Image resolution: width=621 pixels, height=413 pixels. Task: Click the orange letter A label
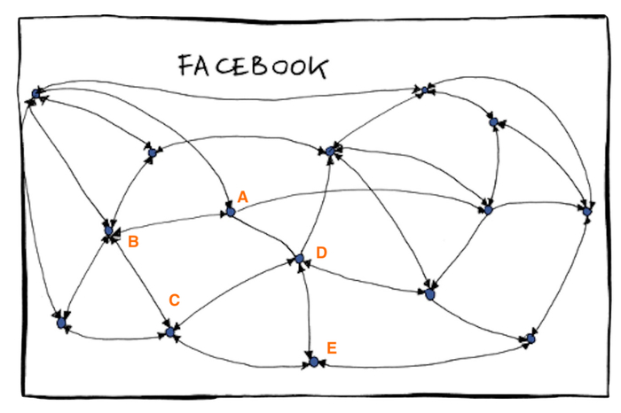pos(242,197)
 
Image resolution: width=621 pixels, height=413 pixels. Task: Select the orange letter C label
pos(175,300)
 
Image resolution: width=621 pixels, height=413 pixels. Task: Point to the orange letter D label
pos(321,253)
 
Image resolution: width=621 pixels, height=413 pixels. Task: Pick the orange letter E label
pos(331,348)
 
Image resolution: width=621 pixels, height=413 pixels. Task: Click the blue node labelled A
pos(229,213)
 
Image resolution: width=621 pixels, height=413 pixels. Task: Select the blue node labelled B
pos(109,231)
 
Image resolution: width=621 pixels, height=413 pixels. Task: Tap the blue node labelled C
pos(169,333)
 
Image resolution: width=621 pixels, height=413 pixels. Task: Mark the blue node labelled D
pos(300,260)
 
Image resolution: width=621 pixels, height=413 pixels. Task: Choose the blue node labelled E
pos(312,362)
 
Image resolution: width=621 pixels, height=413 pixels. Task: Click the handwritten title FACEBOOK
pos(252,66)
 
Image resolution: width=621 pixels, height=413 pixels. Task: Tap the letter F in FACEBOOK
pos(185,66)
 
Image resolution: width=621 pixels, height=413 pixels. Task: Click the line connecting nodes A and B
pos(169,222)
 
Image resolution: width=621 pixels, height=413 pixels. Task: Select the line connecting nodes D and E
pos(306,310)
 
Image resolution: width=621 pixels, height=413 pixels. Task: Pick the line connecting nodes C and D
pos(235,295)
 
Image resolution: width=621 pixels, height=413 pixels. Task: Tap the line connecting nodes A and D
pos(264,236)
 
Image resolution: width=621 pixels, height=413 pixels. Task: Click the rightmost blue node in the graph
pos(586,211)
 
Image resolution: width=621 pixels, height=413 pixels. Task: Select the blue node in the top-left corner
pos(35,93)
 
